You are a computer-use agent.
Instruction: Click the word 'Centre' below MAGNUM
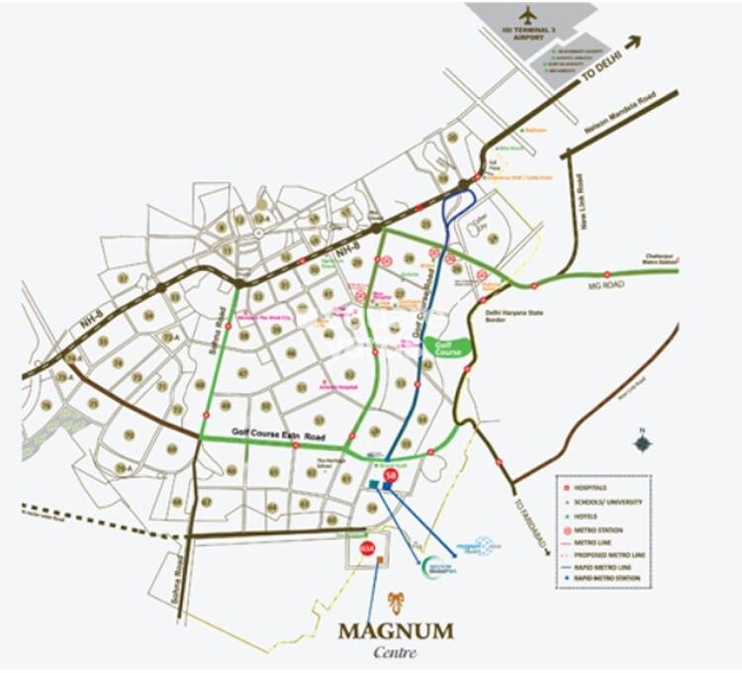[x=396, y=653]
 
